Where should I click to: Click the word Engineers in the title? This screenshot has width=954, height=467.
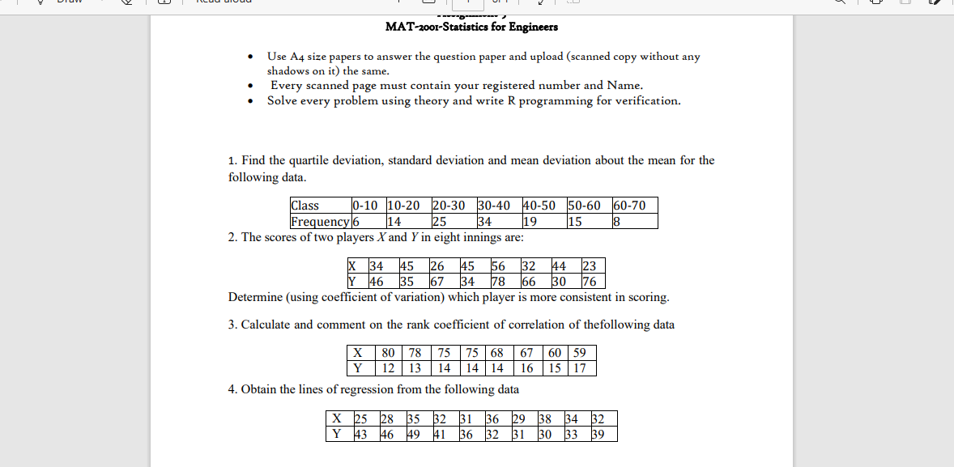531,27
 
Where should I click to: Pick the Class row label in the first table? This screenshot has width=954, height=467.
305,206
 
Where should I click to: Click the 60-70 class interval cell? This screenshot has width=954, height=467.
629,206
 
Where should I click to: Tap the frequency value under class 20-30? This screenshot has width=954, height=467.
440,221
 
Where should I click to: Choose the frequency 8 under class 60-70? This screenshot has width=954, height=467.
615,221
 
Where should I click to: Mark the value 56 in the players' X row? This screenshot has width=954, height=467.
497,266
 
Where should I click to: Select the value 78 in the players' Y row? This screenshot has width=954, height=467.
498,282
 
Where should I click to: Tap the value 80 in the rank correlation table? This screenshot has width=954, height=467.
389,353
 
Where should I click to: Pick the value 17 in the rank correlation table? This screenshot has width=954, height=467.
579,368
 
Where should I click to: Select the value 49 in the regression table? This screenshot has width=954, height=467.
414,434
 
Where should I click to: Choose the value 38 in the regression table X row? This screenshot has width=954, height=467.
547,418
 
